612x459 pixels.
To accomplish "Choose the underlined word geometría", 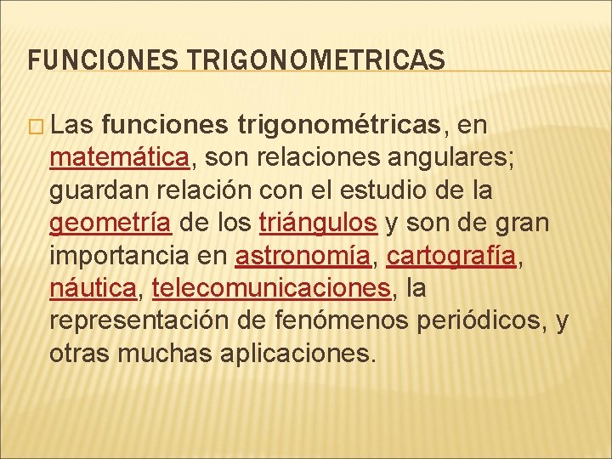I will click(111, 224).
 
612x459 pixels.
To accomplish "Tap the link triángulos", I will click(317, 224).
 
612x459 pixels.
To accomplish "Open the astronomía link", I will click(303, 256).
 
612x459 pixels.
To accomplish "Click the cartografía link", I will click(451, 256).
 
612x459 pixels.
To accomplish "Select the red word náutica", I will click(93, 288).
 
